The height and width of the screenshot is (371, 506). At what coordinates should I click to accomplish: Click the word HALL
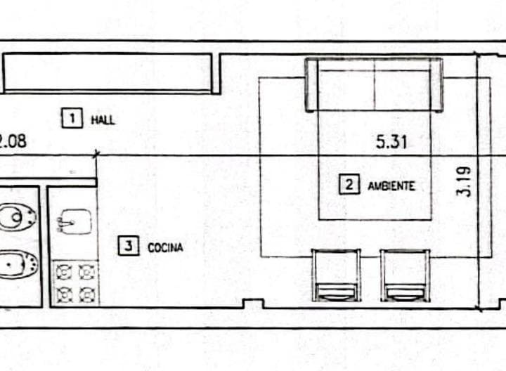click(103, 120)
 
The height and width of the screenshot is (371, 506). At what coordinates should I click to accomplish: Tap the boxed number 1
click(72, 118)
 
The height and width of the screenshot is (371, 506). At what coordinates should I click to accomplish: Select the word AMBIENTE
click(391, 185)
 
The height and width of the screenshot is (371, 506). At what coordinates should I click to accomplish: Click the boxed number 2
click(349, 185)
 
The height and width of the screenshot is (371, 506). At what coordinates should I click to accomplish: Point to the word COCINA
click(165, 247)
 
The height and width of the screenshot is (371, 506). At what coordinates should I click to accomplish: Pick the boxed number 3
click(129, 246)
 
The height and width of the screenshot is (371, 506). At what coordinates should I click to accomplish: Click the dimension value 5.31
click(391, 142)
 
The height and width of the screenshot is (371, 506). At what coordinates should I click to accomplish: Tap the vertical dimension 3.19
click(464, 181)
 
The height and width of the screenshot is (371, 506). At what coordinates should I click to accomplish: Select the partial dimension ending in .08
click(13, 141)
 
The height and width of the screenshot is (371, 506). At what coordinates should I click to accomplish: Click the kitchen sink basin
click(75, 221)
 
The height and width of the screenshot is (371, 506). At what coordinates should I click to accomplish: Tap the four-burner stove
click(75, 282)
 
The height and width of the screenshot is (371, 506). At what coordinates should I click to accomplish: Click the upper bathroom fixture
click(18, 217)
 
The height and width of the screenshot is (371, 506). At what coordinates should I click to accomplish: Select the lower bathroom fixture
click(18, 265)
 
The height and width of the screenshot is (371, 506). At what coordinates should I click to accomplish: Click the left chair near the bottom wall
click(336, 275)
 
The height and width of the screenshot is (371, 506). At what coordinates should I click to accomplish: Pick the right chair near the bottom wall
click(406, 275)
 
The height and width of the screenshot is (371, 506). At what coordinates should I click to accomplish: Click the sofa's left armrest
click(312, 85)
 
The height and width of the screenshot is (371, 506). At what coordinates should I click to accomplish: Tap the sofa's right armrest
click(436, 85)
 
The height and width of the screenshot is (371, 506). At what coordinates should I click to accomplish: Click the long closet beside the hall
click(108, 73)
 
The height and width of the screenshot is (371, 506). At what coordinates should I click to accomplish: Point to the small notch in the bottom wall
click(253, 304)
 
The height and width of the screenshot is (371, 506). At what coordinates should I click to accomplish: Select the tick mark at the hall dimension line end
click(96, 154)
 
